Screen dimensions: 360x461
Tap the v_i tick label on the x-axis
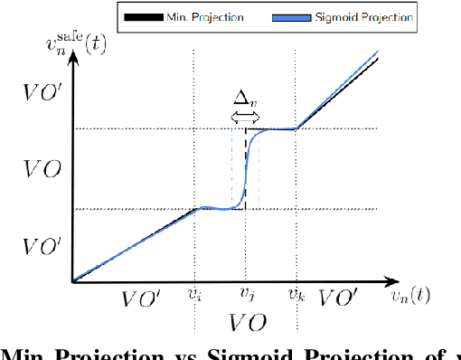click(194, 294)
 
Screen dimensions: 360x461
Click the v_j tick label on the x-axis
click(246, 294)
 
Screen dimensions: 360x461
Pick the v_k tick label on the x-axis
click(296, 294)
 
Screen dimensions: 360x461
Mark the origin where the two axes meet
click(73, 281)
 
